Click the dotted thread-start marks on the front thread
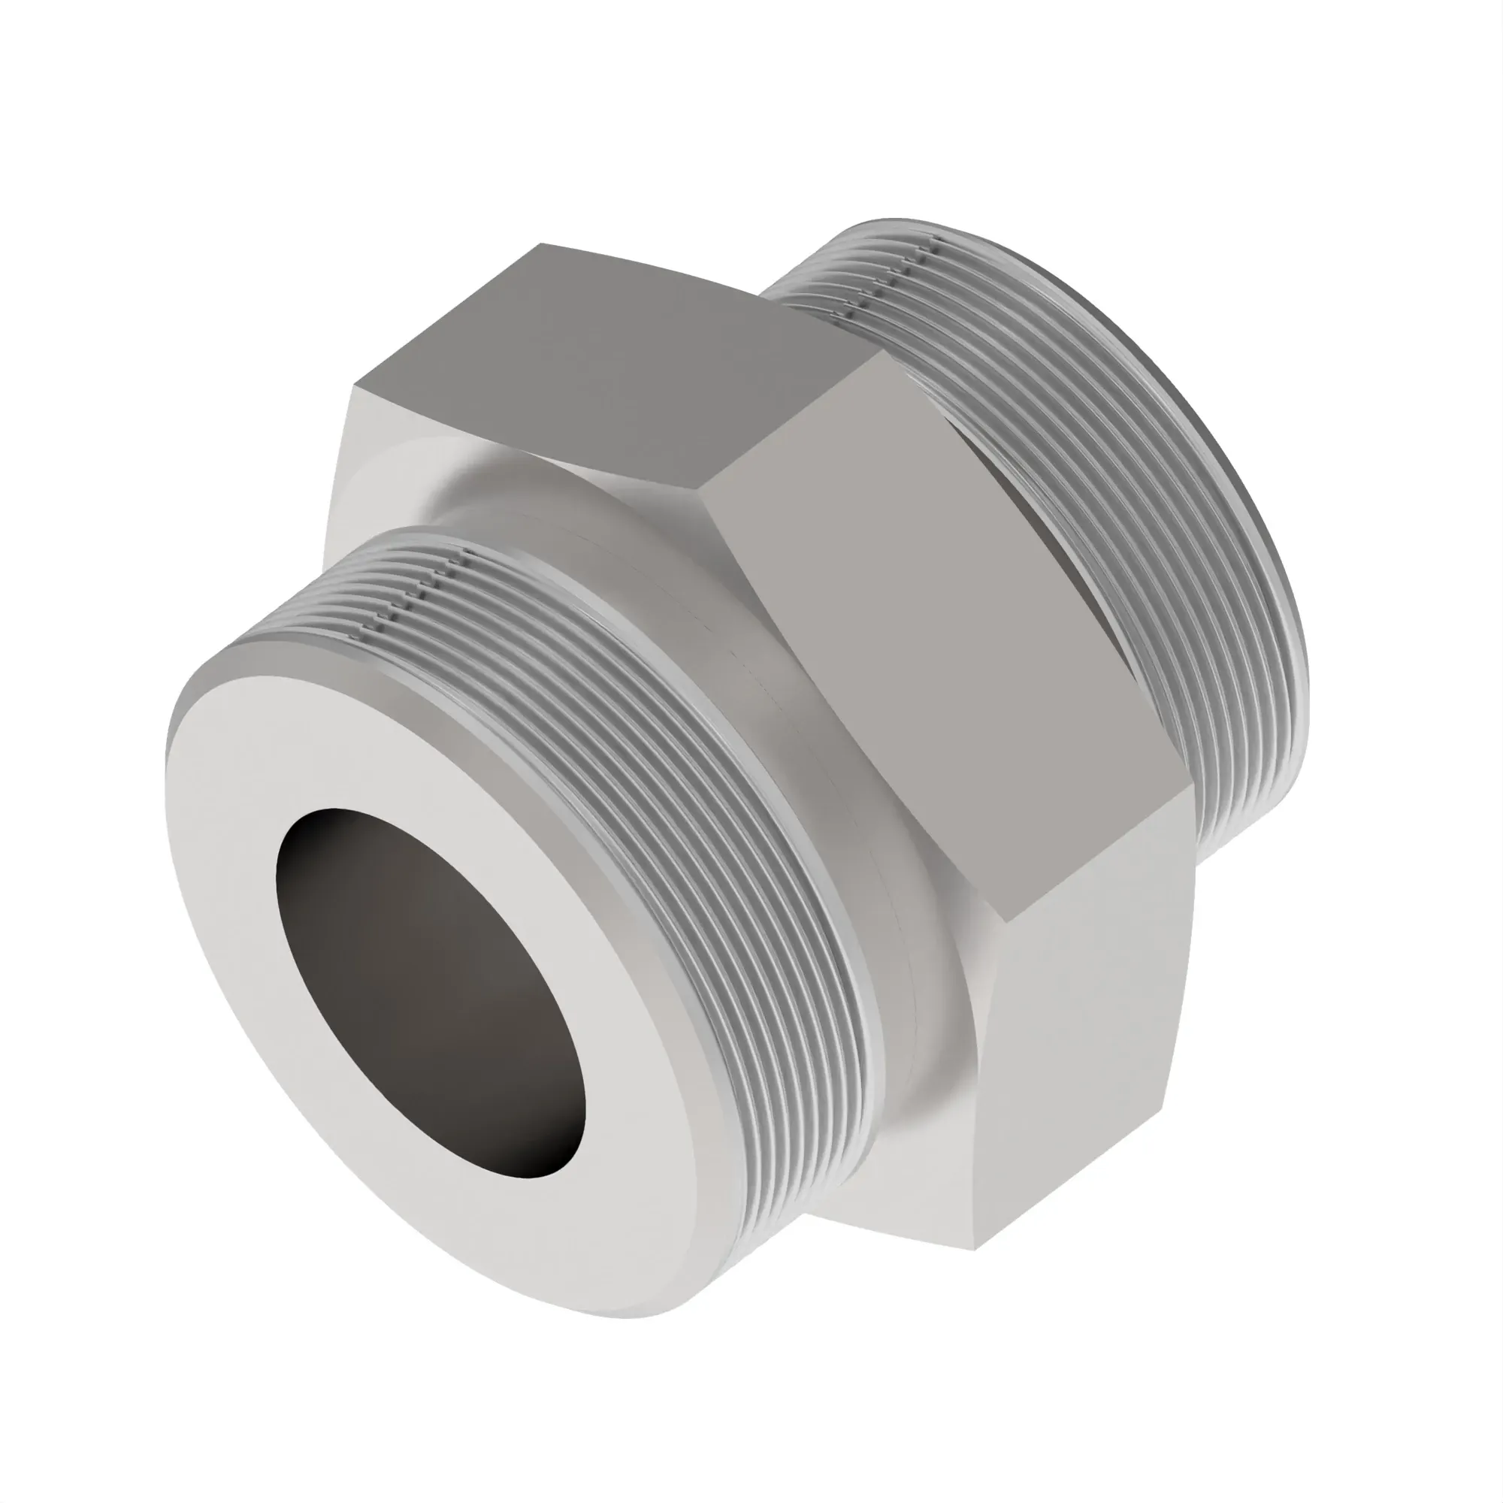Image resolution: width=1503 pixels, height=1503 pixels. (x=420, y=591)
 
